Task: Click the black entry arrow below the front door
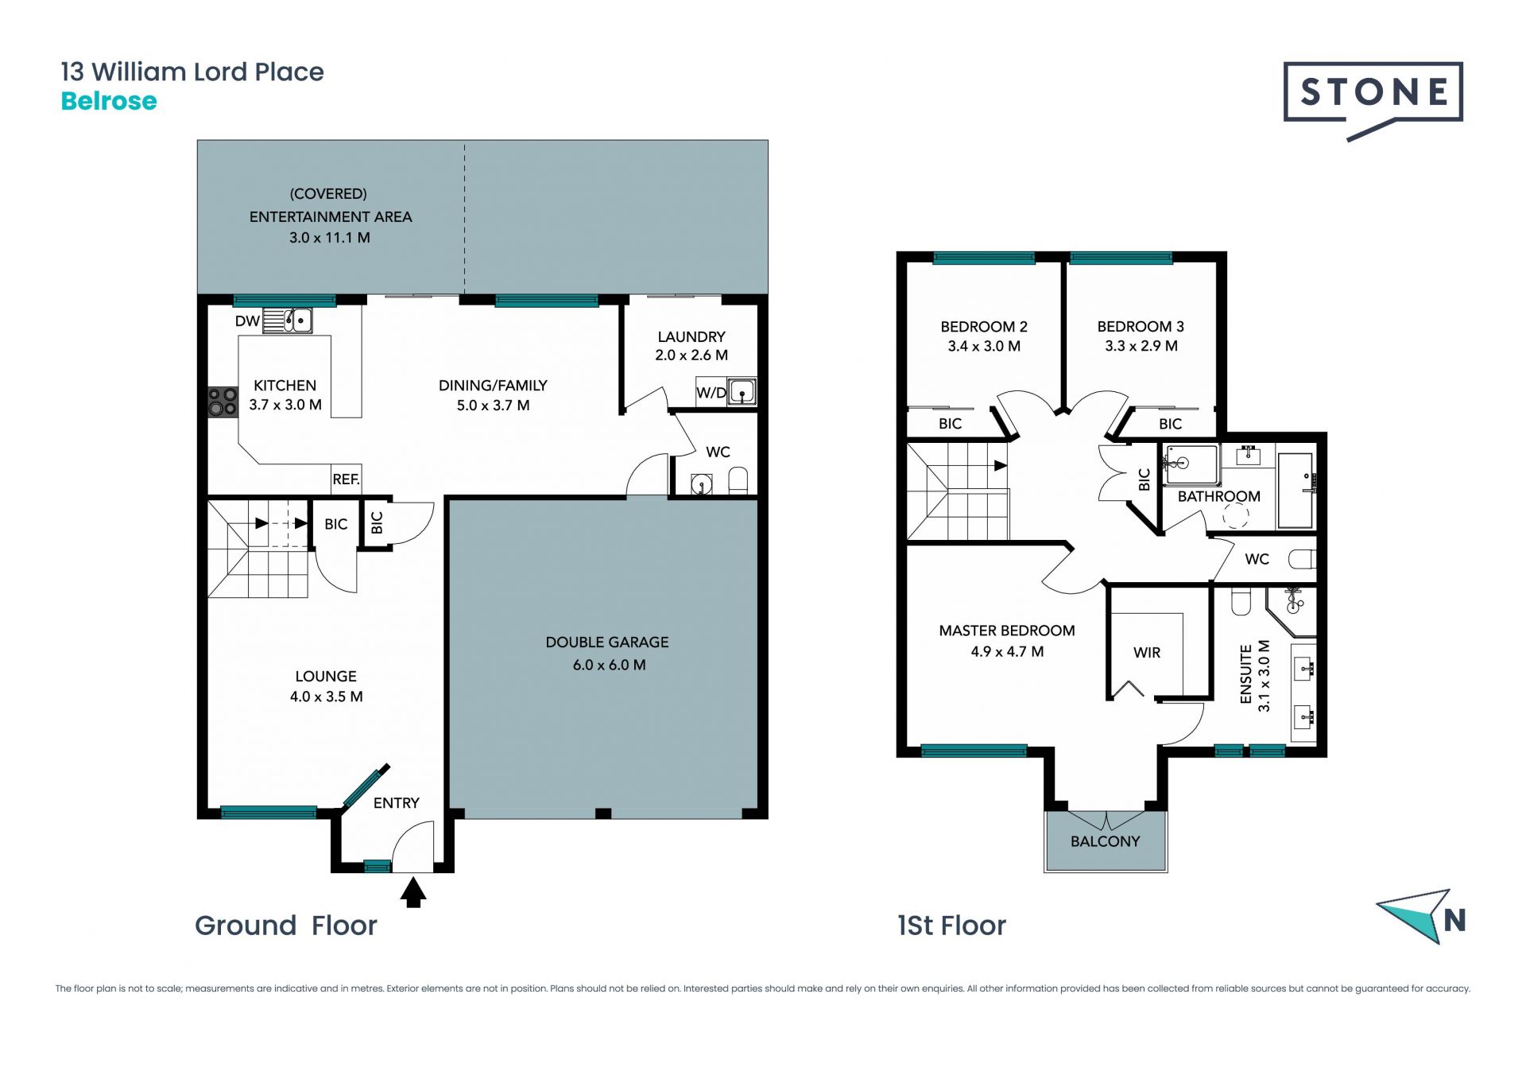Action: tap(413, 891)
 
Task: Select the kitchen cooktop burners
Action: tap(223, 402)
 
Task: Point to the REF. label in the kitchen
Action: tap(346, 479)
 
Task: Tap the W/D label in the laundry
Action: tap(711, 393)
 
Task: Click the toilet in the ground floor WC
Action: tap(738, 480)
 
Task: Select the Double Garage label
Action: tap(607, 642)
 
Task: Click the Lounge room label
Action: tap(326, 676)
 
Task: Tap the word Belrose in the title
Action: tap(109, 101)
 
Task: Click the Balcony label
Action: tap(1105, 841)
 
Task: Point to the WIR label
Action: tap(1147, 652)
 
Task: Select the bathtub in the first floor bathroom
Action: tap(1296, 491)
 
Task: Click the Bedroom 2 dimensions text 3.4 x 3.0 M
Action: tap(984, 346)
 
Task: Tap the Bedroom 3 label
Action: tap(1141, 326)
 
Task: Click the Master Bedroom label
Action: tap(1007, 631)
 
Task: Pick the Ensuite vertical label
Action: tap(1246, 674)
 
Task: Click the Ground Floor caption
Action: tap(286, 926)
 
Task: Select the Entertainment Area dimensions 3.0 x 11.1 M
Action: tap(330, 237)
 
